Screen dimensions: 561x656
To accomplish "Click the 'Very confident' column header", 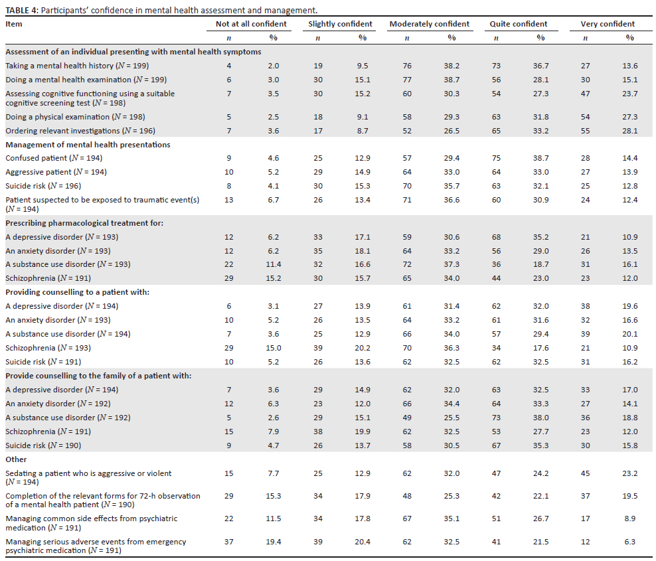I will (x=607, y=24).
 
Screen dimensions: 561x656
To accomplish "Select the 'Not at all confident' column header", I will (x=251, y=24).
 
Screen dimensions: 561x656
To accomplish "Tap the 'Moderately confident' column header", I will (x=429, y=24).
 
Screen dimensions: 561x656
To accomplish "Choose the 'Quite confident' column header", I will (x=518, y=24).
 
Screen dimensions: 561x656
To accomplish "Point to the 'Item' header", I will (x=14, y=24).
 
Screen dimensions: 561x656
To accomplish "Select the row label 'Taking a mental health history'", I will (x=77, y=66).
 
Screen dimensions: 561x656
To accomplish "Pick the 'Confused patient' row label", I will (x=54, y=158).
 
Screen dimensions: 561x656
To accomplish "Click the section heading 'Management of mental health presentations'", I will (x=88, y=145).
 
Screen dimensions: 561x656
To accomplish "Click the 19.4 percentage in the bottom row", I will (x=274, y=542).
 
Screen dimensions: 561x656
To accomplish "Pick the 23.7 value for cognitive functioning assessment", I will (x=629, y=94).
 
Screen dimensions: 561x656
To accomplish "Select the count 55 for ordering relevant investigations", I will (x=585, y=131).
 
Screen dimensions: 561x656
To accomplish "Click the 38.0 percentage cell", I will (x=540, y=418).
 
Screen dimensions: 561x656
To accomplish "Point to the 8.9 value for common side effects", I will (x=629, y=519).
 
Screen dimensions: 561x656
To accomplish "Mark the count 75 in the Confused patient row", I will (x=496, y=158).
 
